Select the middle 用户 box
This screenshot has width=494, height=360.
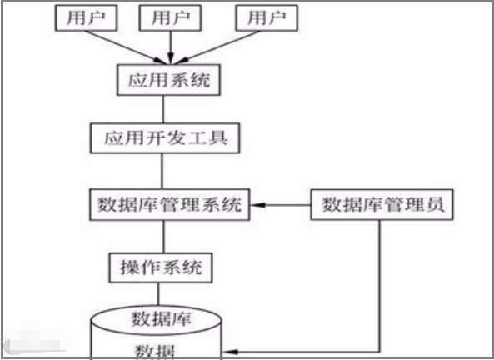point(171,17)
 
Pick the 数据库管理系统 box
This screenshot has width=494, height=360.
point(170,204)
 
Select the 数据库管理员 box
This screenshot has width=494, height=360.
point(382,204)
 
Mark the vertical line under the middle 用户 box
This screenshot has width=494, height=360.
point(171,46)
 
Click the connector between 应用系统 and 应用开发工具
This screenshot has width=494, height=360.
point(163,108)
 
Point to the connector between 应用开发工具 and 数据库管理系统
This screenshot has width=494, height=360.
point(163,171)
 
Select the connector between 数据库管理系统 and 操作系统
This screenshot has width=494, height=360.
point(163,236)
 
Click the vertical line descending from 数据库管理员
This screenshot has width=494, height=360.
point(382,283)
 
